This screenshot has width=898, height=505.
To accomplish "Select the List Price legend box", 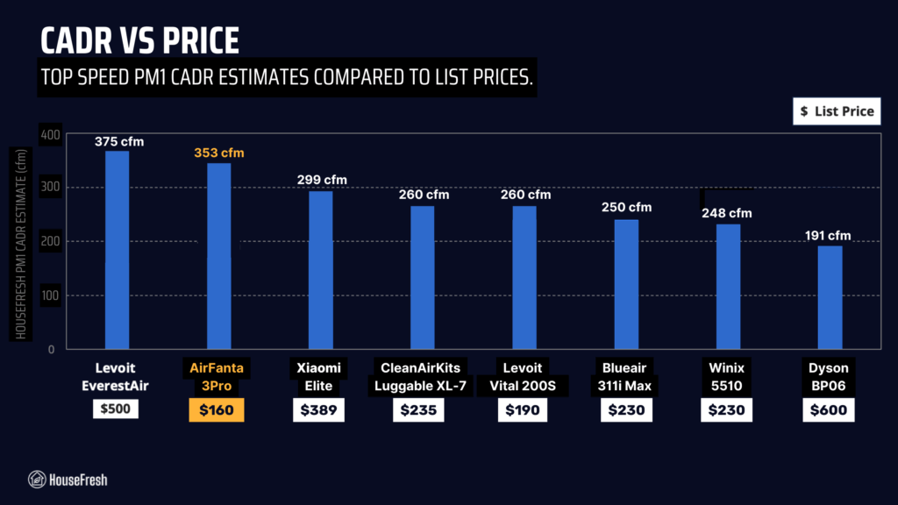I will (x=837, y=111).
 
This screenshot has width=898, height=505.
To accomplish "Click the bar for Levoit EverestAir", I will (x=117, y=250).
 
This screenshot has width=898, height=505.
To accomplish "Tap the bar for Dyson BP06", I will (x=830, y=297).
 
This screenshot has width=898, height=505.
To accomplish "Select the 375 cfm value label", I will (x=119, y=142).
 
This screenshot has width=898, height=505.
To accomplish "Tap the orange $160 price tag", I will (x=217, y=409).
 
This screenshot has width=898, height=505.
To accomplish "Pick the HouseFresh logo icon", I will (x=37, y=480).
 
